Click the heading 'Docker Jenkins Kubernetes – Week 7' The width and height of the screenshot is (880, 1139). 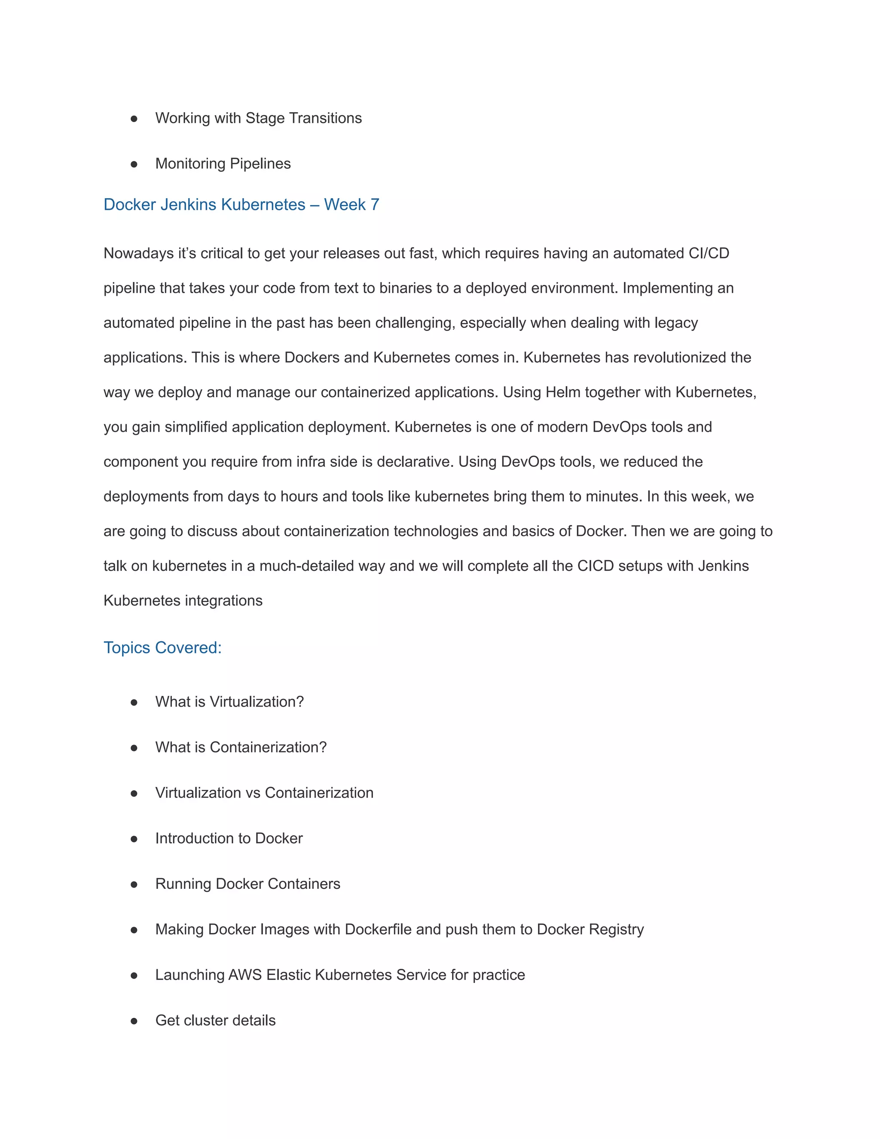[241, 205]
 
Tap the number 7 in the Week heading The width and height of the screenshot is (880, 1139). [374, 205]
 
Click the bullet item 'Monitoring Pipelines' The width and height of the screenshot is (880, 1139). [223, 164]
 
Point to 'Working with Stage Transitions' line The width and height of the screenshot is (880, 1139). [258, 118]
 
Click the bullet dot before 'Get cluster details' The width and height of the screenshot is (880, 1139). [134, 1021]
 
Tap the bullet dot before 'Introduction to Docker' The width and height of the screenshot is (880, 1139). [134, 839]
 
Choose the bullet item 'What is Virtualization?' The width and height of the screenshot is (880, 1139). [229, 702]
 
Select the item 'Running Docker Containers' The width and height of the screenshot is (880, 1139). [247, 884]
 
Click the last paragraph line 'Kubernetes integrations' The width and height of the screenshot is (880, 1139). [183, 601]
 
